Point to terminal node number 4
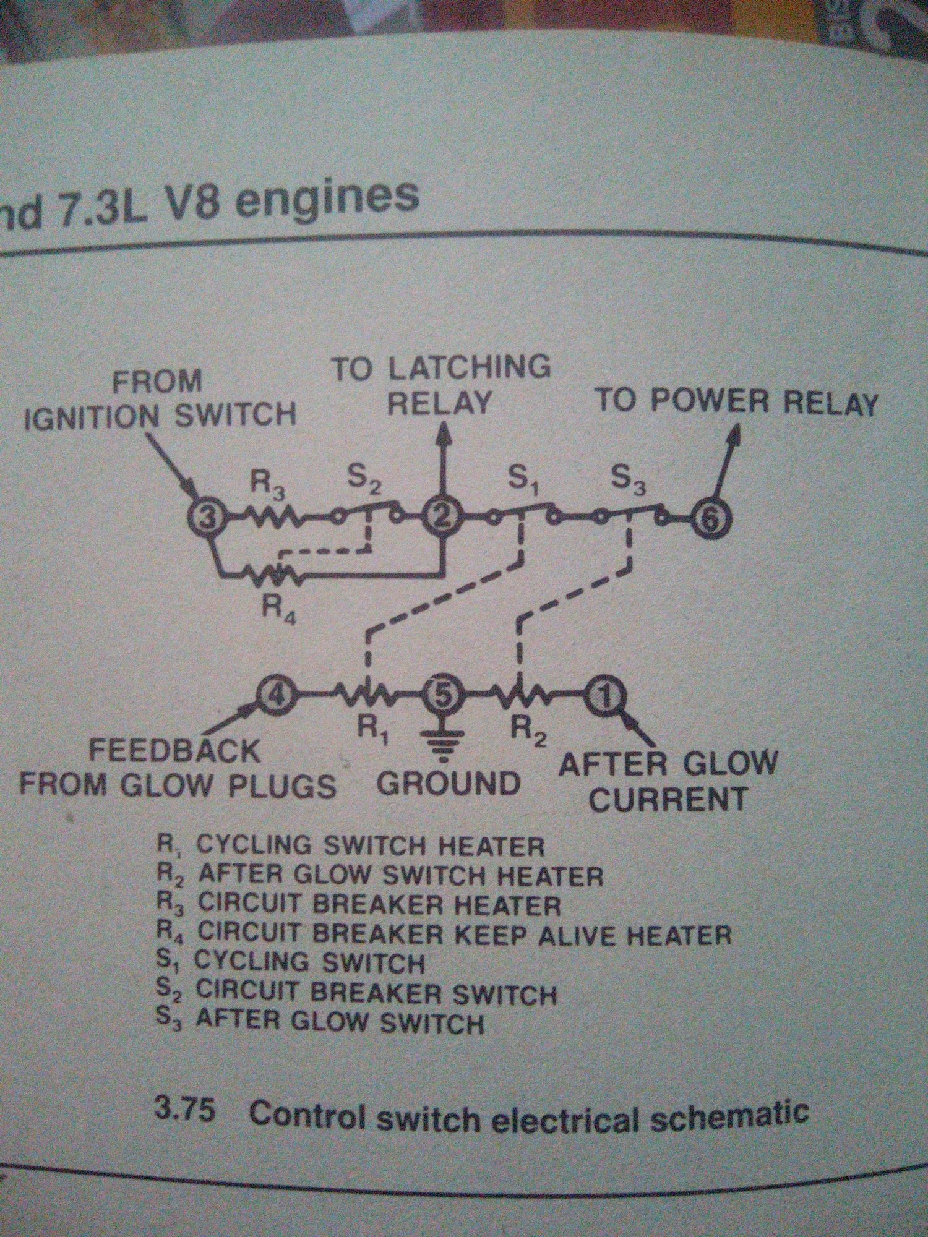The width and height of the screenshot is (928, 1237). point(272,697)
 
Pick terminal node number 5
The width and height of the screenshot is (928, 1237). point(442,697)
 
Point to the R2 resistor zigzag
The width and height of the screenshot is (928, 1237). point(520,697)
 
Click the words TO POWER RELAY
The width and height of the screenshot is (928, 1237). point(736,403)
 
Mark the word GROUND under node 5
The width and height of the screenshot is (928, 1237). point(448,784)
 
